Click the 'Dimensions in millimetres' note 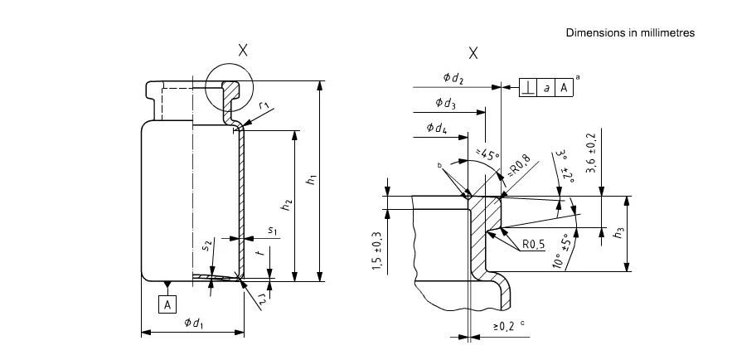tap(630, 32)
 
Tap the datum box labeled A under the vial tap(167, 304)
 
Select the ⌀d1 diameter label tap(193, 322)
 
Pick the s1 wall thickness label tap(273, 231)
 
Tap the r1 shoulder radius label tap(264, 105)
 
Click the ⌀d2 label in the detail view tap(453, 77)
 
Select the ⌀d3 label tap(445, 103)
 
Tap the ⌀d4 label tap(437, 129)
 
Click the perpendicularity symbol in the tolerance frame tap(528, 87)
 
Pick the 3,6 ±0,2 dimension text tap(593, 153)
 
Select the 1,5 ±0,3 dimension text tap(378, 251)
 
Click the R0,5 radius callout tap(534, 245)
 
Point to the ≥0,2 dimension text tap(506, 326)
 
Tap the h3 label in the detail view tap(619, 233)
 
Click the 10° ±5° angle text tap(562, 251)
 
